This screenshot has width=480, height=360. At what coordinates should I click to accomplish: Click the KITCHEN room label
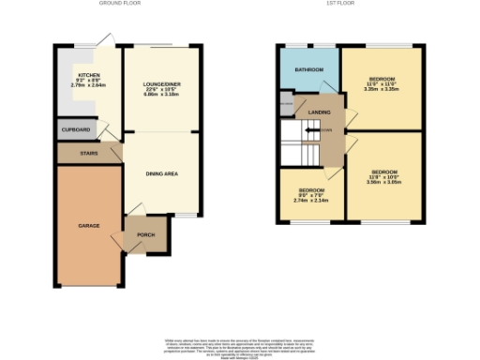[89, 75]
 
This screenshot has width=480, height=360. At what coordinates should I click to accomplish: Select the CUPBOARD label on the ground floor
[77, 129]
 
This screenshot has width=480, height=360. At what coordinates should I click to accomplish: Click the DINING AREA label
[160, 173]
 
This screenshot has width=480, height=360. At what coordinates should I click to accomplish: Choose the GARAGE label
[88, 226]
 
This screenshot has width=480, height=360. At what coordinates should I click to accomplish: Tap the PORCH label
[147, 235]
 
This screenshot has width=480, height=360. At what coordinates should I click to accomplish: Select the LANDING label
[319, 112]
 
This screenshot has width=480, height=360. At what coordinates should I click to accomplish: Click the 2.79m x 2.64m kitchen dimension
[89, 86]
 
